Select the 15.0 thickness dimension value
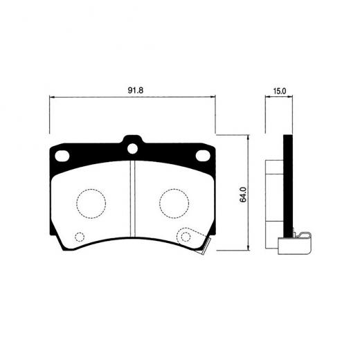280,91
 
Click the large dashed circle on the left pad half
90,201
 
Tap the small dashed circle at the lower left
78,237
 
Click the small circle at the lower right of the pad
185,237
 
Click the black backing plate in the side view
289,187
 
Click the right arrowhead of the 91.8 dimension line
213,98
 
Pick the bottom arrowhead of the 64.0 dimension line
249,251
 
